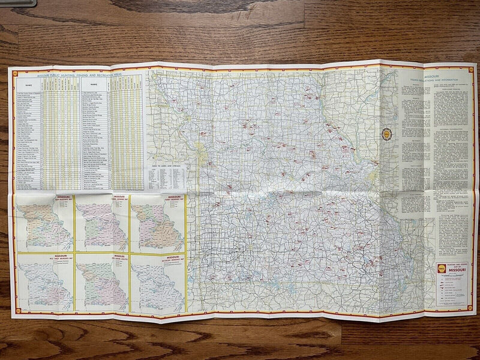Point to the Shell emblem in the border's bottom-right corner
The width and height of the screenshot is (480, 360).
click(x=466, y=313)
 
